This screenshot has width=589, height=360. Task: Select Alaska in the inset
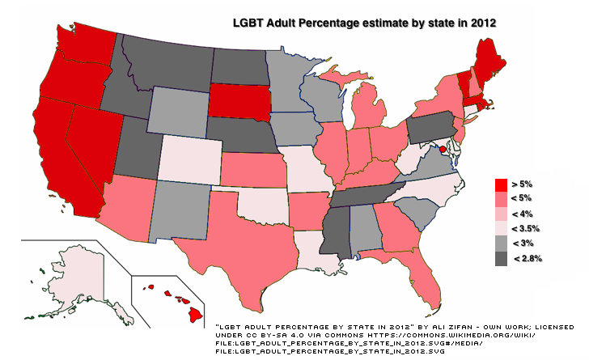point(77,275)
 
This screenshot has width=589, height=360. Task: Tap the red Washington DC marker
point(443,149)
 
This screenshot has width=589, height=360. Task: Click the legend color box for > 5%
point(502,185)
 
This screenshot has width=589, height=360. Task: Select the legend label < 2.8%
point(528,258)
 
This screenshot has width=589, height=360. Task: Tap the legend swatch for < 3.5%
point(502,229)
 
